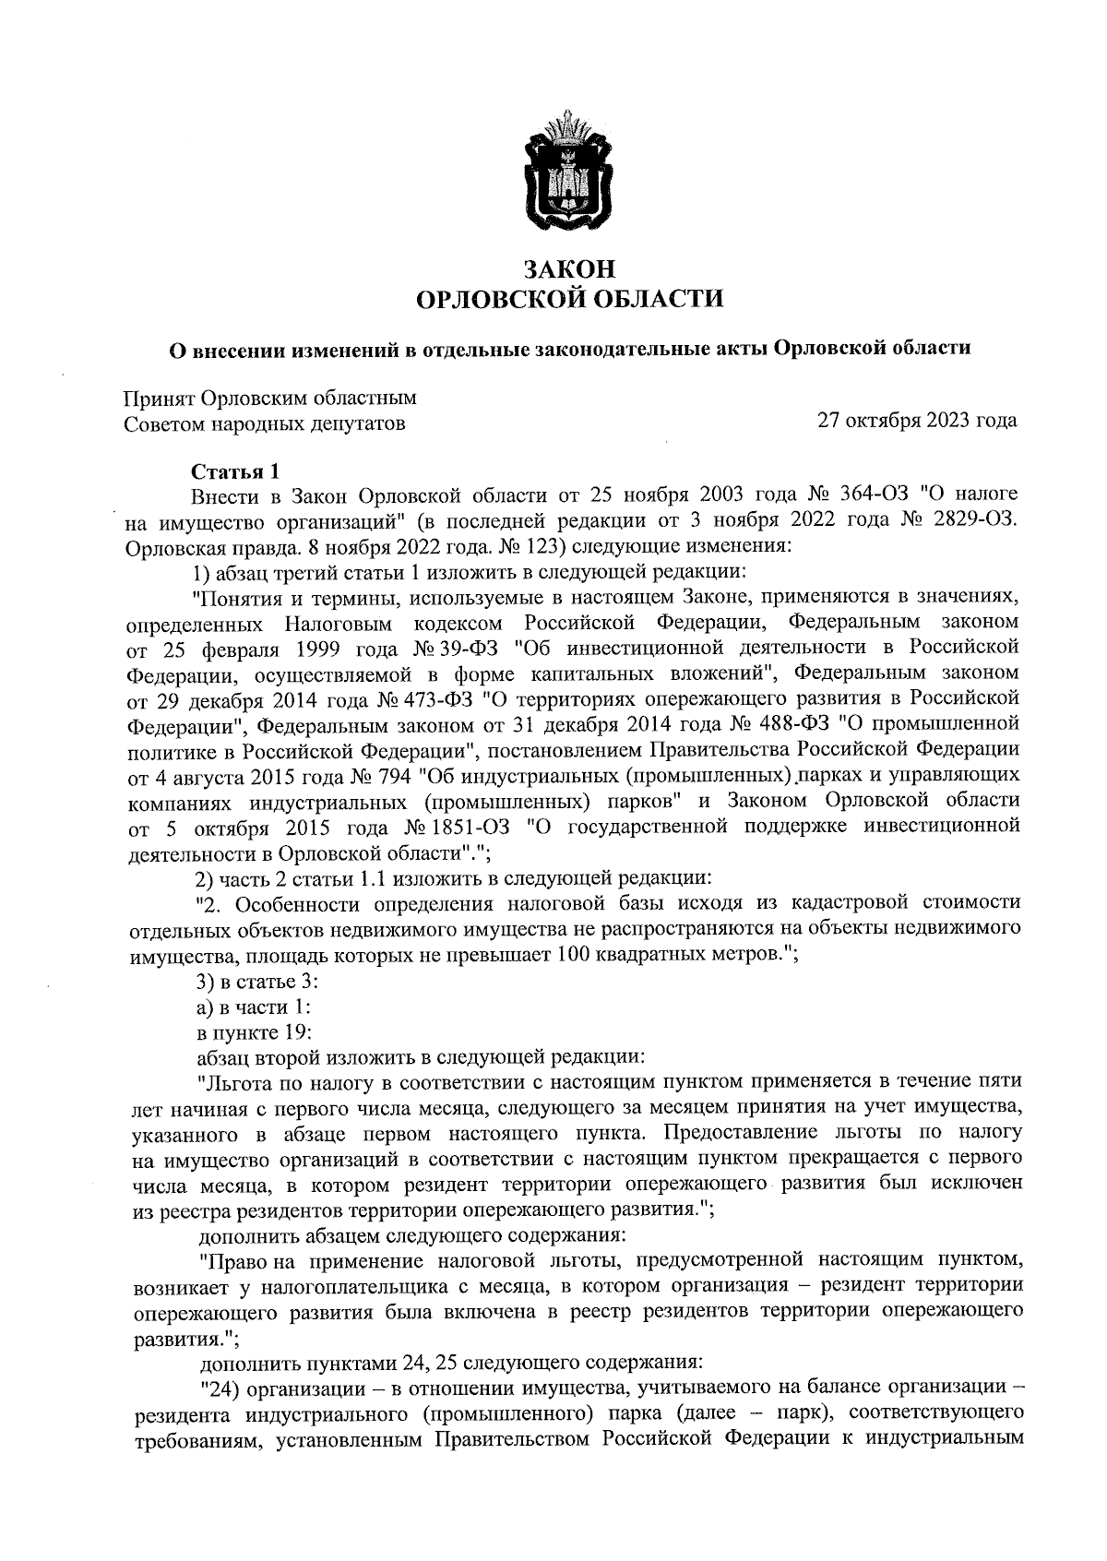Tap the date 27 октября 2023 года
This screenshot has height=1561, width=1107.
pyautogui.click(x=917, y=421)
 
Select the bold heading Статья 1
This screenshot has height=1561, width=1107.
pyautogui.click(x=234, y=472)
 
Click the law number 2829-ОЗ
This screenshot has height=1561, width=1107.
pyautogui.click(x=976, y=520)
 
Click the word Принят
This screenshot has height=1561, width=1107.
pyautogui.click(x=158, y=399)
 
